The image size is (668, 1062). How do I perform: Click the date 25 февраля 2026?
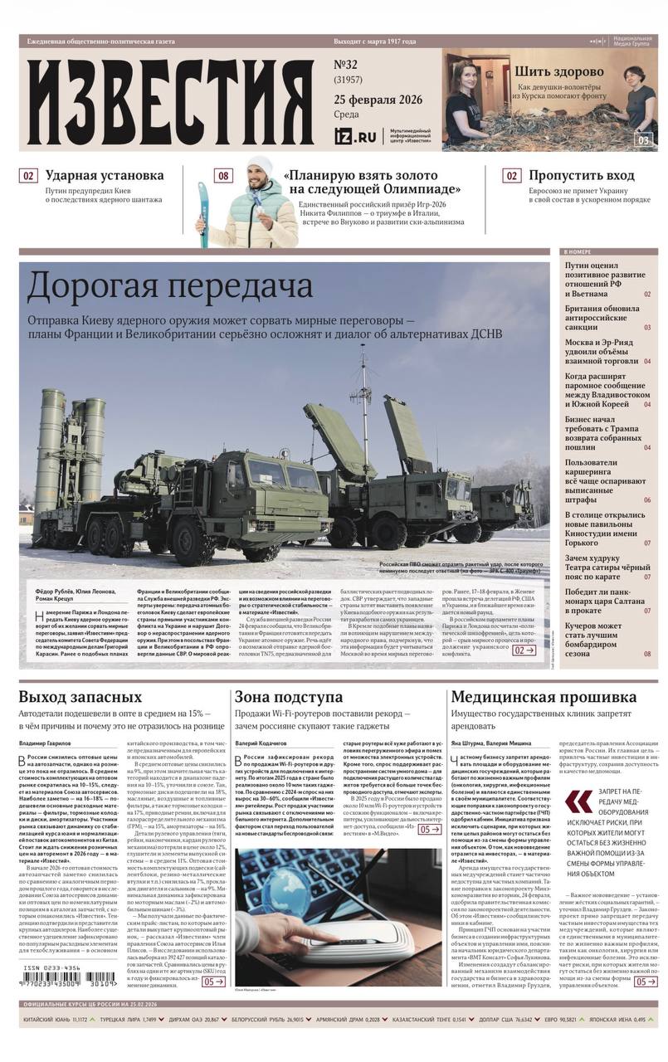coord(378,100)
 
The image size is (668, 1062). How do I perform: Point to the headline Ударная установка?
coord(105,176)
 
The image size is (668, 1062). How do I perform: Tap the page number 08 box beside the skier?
coord(223,176)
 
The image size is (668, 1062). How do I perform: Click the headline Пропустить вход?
coord(582,176)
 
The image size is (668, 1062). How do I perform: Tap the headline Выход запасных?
coord(80,697)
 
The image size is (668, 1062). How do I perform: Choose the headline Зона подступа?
coord(288,697)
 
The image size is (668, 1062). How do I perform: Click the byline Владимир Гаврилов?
coord(45,743)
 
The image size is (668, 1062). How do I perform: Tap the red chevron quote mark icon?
coord(578,801)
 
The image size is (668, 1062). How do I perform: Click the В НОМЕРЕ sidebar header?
coord(578,251)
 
